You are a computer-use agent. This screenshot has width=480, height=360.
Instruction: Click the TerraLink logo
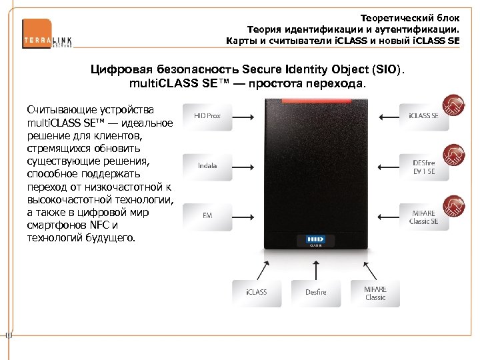[x=47, y=34]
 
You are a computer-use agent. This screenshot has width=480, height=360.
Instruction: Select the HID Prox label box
[x=207, y=116]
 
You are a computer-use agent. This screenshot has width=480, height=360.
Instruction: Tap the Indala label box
[x=207, y=165]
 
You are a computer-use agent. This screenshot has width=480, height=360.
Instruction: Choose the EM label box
[x=207, y=215]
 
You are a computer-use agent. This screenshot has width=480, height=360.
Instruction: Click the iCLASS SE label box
[x=423, y=116]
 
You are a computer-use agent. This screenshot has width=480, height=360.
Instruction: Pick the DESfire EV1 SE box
[x=423, y=166]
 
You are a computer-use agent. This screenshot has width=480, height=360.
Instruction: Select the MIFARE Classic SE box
[x=423, y=217]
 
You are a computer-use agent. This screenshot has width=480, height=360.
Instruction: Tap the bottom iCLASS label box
[x=257, y=293]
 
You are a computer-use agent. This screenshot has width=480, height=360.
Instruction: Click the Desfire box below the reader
[x=316, y=293]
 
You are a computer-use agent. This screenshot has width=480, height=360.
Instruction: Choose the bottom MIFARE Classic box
[x=375, y=293]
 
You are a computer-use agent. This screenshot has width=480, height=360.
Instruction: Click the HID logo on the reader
[x=315, y=239]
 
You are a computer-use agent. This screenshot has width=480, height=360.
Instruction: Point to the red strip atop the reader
[x=315, y=103]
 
